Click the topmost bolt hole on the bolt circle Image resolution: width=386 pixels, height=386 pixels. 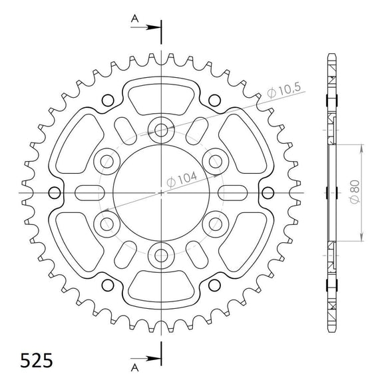pos(160,128)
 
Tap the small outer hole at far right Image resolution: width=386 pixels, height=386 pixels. pos(268,192)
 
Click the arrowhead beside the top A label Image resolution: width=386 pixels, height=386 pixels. pos(154,28)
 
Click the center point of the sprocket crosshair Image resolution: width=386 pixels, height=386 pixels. pos(160,192)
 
